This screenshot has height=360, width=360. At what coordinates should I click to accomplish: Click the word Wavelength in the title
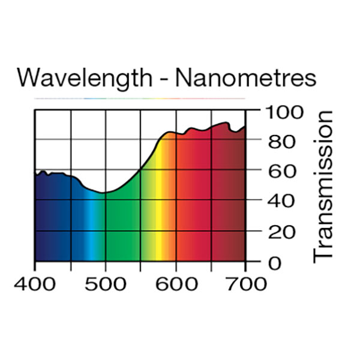click(85, 78)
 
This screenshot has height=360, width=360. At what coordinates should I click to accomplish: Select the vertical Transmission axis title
click(323, 185)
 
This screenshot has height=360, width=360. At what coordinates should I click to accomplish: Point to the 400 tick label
click(34, 283)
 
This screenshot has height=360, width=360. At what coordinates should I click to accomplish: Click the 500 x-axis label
click(105, 283)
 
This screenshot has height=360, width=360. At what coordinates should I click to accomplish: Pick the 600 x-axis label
click(176, 283)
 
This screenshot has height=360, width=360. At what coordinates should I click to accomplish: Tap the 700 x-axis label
click(246, 283)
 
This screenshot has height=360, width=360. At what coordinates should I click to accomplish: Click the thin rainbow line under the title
click(139, 98)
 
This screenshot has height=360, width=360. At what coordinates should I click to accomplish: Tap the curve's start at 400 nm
click(35, 175)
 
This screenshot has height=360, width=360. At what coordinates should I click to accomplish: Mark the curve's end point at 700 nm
click(245, 127)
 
